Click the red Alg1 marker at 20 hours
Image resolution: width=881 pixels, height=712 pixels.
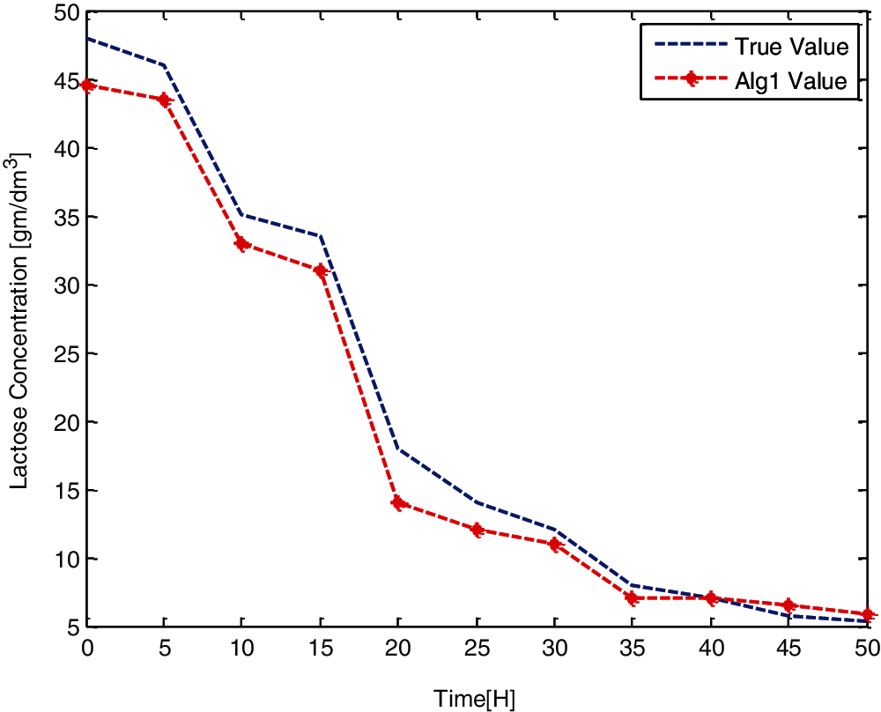click(x=398, y=503)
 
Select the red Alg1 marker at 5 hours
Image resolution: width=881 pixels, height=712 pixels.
click(x=165, y=100)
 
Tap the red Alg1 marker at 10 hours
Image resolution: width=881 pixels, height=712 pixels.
click(x=242, y=244)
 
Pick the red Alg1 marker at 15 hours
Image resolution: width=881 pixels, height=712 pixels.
click(x=321, y=271)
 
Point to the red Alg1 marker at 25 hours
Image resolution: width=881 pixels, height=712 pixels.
click(x=477, y=530)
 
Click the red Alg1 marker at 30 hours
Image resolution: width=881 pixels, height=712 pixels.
click(x=555, y=544)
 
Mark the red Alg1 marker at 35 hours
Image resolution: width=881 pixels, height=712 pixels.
click(x=633, y=598)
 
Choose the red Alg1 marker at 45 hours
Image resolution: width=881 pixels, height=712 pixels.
click(x=789, y=605)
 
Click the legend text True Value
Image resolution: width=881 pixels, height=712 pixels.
click(x=791, y=46)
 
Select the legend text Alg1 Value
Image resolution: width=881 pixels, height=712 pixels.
click(x=791, y=81)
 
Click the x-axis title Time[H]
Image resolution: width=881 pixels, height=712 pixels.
click(x=474, y=699)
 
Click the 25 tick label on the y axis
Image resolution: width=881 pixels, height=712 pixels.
click(x=68, y=354)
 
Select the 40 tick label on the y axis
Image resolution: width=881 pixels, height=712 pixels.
click(x=68, y=149)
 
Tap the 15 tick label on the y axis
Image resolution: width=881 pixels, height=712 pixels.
click(x=68, y=491)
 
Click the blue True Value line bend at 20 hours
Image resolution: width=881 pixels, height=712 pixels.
click(x=398, y=449)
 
